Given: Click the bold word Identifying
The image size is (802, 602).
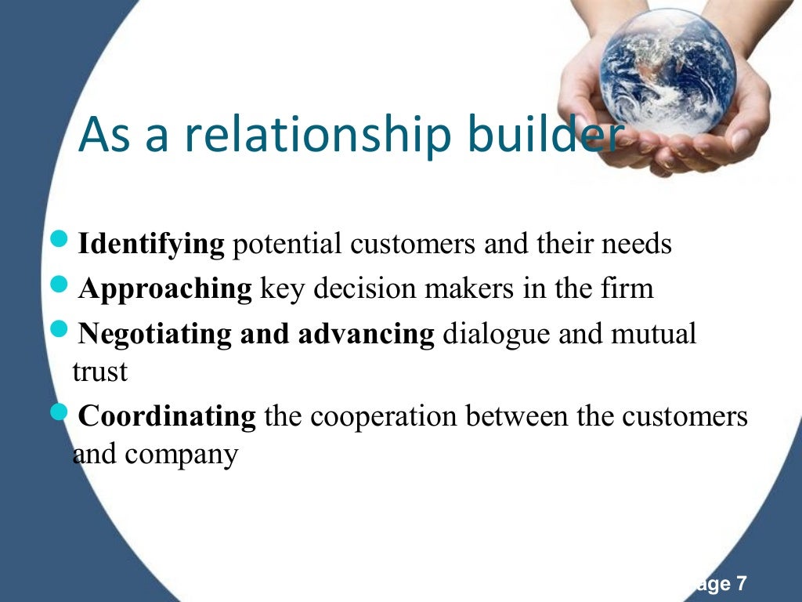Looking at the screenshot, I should point(151,245).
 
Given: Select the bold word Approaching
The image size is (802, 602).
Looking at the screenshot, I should point(164,289).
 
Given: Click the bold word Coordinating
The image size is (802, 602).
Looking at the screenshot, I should point(167,416).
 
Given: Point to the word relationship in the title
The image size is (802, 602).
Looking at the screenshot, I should point(317,135).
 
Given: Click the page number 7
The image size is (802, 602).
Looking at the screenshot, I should point(741,584).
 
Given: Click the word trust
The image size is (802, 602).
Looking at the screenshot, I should point(99,372).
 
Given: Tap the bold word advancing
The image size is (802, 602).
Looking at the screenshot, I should point(365,335).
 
